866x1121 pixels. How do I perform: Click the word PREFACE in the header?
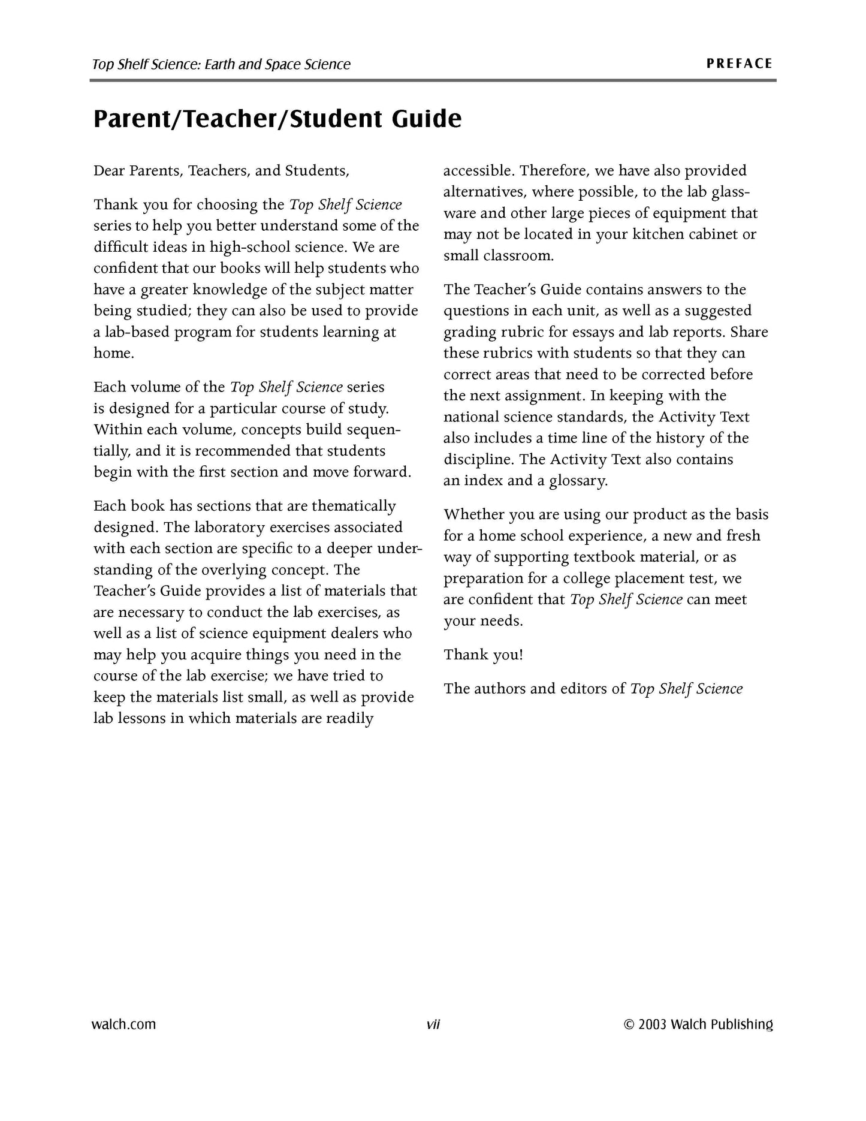pyautogui.click(x=740, y=64)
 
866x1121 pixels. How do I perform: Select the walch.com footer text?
pyautogui.click(x=123, y=1024)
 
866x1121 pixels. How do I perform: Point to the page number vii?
pyautogui.click(x=433, y=1024)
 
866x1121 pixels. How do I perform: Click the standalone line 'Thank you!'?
pyautogui.click(x=483, y=655)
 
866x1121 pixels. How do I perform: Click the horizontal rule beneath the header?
pyautogui.click(x=433, y=80)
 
